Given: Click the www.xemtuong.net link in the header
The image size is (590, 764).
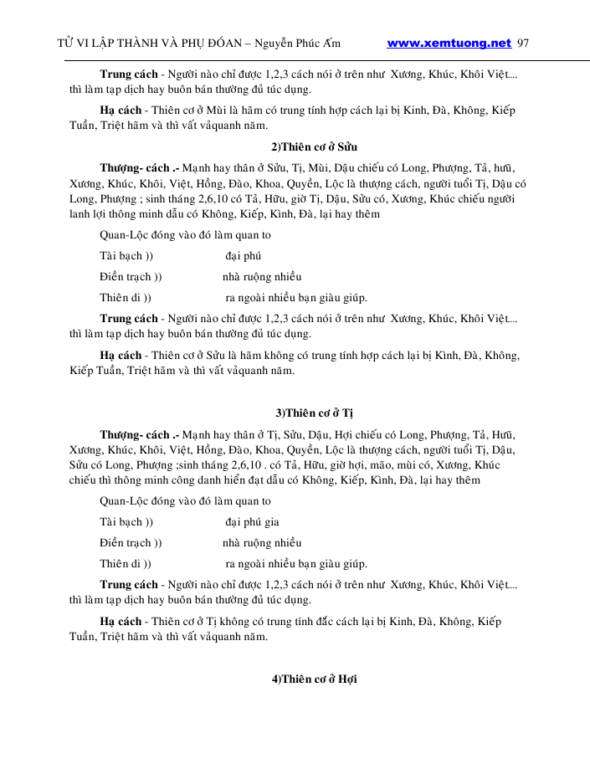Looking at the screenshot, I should pos(449,43).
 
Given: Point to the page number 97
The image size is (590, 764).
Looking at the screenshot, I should pos(525,43).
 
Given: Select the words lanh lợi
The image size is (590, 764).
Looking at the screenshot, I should pos(85,213).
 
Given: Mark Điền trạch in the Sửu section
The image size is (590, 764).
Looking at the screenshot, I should pos(126,276).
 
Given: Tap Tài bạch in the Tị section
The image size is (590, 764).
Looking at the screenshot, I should pos(121,521).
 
